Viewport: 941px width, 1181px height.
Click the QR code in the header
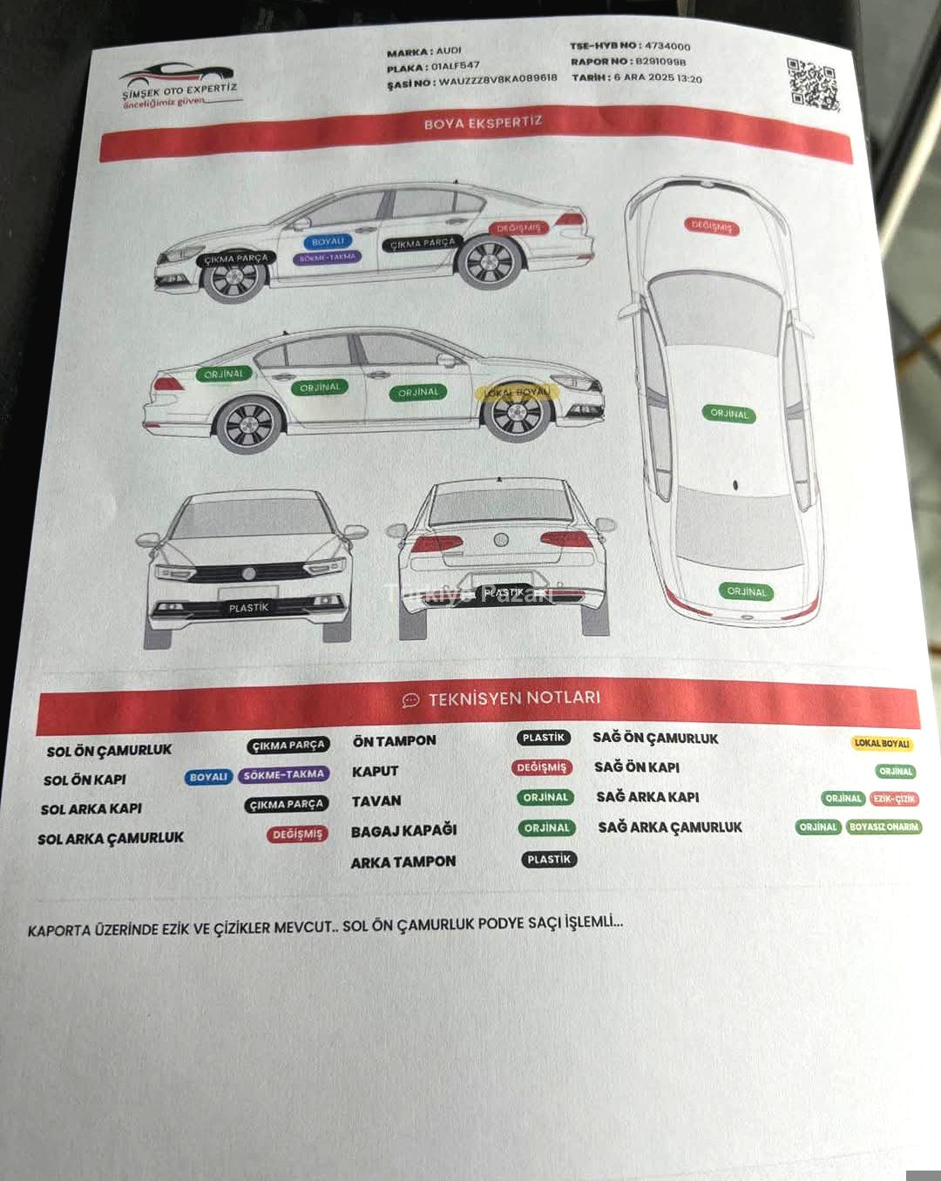click(x=812, y=84)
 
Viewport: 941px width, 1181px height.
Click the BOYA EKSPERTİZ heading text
click(x=483, y=123)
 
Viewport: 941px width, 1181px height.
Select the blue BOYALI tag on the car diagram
click(x=328, y=241)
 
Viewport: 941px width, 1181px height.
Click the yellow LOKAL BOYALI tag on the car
click(x=517, y=392)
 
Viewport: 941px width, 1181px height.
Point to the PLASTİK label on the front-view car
click(x=248, y=607)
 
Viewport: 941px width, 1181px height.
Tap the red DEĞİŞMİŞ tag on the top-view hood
click(x=712, y=226)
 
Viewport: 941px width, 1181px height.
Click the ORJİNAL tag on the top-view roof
click(x=729, y=413)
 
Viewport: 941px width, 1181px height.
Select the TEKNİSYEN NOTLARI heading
click(x=514, y=698)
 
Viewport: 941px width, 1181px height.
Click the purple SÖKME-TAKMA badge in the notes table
click(x=284, y=774)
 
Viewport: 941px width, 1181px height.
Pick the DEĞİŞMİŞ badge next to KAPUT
click(x=541, y=767)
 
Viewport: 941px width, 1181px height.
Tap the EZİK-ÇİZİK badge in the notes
click(x=894, y=799)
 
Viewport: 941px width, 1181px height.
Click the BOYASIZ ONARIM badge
click(x=883, y=827)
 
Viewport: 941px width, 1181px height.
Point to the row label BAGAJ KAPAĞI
click(x=403, y=831)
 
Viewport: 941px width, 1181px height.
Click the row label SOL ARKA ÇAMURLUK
click(x=111, y=838)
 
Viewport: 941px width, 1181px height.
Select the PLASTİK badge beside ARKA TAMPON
click(x=549, y=859)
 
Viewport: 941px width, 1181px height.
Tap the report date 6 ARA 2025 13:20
click(x=658, y=78)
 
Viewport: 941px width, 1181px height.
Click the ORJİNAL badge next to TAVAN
click(x=545, y=797)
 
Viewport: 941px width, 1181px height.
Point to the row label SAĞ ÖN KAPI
click(x=637, y=767)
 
